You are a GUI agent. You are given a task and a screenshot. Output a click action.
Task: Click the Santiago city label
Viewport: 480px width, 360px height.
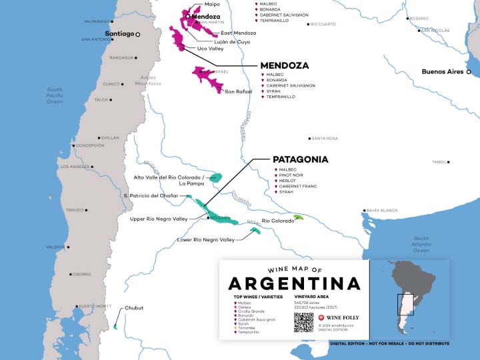click(120, 33)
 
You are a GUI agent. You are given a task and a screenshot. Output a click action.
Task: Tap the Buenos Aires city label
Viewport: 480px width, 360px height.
click(443, 71)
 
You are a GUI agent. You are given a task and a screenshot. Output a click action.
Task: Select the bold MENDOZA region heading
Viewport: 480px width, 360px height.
click(284, 66)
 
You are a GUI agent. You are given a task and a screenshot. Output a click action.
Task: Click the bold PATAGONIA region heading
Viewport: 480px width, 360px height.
click(300, 160)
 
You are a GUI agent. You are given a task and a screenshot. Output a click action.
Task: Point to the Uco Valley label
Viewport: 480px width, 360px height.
click(211, 49)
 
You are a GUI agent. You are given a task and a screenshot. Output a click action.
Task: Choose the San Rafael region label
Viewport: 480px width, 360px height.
click(239, 91)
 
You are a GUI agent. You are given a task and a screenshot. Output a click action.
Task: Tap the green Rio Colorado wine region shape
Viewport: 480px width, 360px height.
click(299, 217)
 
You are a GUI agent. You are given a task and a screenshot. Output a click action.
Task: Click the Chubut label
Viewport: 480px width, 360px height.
click(133, 308)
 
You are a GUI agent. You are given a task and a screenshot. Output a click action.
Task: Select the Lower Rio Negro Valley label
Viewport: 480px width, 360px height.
click(206, 240)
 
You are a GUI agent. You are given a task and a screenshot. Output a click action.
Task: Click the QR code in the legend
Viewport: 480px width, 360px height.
click(303, 322)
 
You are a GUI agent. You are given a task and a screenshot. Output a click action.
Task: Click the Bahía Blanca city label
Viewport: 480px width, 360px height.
click(383, 211)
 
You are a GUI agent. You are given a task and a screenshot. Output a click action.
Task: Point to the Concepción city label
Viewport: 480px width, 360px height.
click(90, 145)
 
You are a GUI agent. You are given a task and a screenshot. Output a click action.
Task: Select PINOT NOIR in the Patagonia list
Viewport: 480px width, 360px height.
click(293, 175)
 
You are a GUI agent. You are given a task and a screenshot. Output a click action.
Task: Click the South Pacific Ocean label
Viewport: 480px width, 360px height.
click(55, 95)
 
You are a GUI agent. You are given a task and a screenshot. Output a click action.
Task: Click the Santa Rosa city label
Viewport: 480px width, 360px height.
click(325, 139)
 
